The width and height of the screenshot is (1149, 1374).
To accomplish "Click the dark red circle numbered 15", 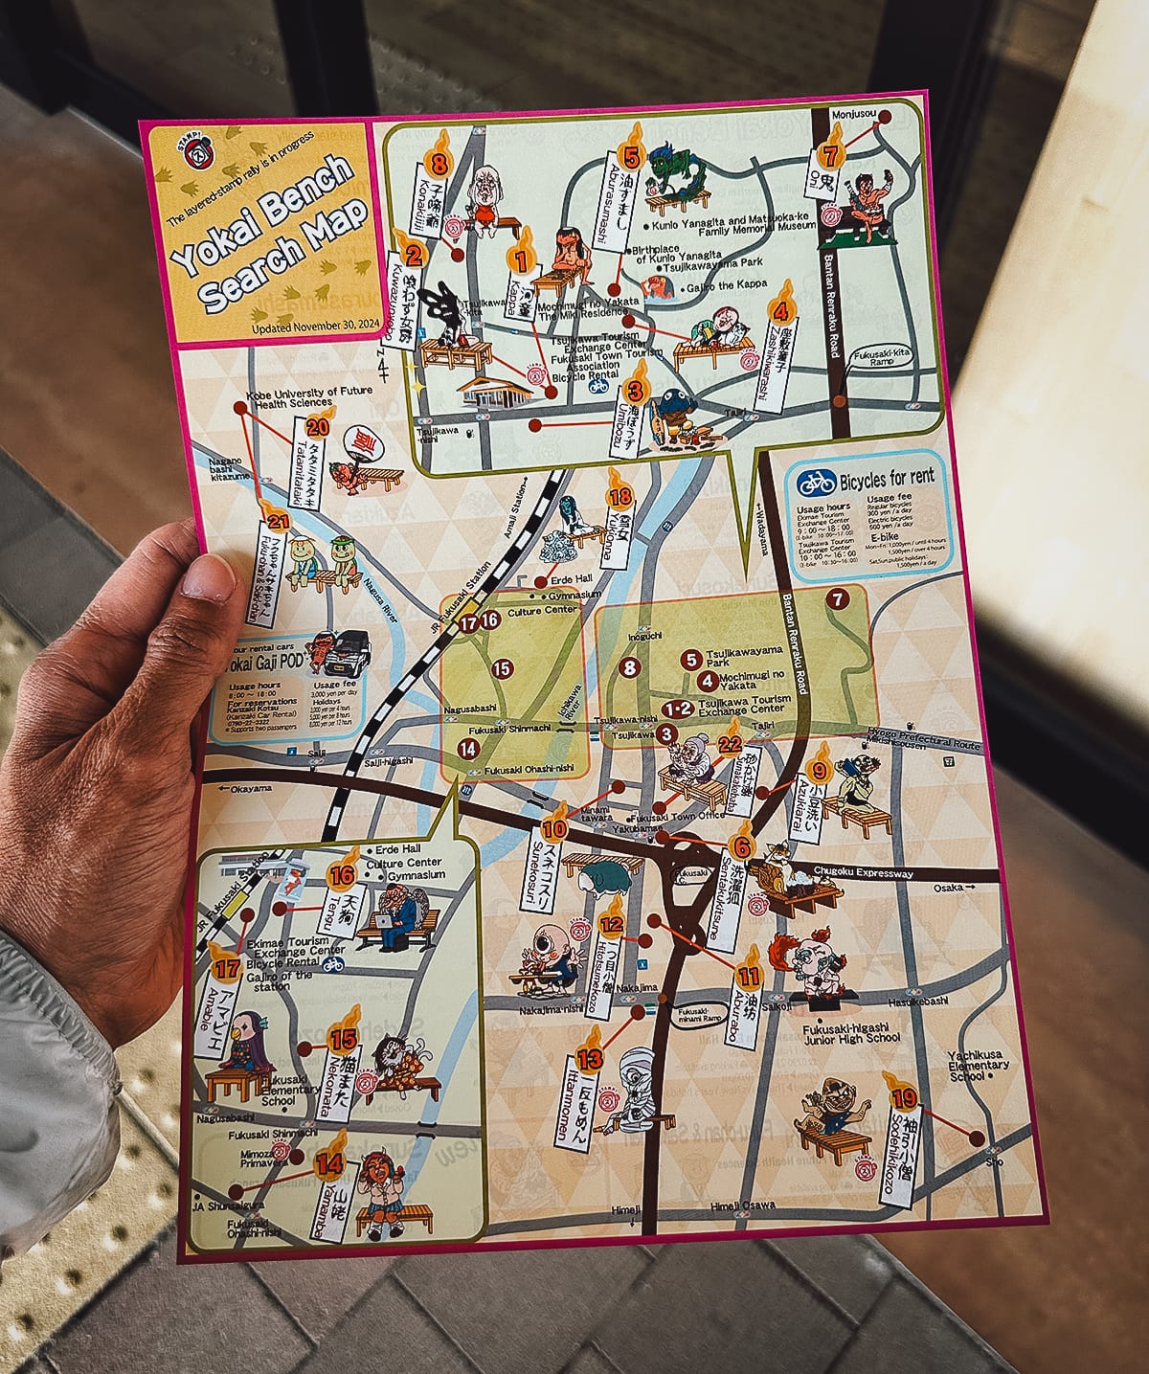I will [502, 669].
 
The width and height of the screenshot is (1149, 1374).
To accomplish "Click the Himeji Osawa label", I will [743, 1204].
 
